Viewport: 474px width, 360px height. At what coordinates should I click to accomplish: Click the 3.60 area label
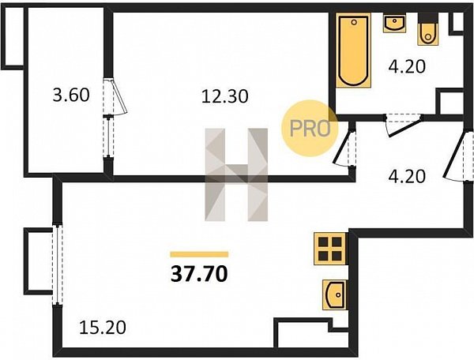click(71, 95)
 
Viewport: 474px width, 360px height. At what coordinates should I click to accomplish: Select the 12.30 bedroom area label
click(225, 96)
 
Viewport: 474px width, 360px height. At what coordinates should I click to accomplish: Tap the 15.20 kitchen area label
click(103, 328)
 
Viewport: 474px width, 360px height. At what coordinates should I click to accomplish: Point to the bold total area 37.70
click(199, 274)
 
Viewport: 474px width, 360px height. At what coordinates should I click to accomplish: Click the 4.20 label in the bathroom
click(407, 66)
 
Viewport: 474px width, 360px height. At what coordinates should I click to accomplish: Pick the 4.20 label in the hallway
click(407, 177)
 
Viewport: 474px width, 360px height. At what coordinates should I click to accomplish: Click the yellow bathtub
click(353, 51)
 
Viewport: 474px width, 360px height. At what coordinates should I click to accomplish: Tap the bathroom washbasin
click(394, 23)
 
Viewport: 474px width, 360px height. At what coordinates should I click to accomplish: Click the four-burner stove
click(329, 249)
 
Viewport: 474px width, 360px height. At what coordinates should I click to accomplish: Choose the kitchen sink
click(335, 294)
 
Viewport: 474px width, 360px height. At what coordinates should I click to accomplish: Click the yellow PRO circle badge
click(309, 128)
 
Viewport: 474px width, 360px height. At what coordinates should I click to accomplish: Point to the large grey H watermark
click(236, 174)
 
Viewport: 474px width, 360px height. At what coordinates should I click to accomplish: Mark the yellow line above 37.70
click(199, 254)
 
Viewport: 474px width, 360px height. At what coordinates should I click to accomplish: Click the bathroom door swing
click(404, 125)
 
